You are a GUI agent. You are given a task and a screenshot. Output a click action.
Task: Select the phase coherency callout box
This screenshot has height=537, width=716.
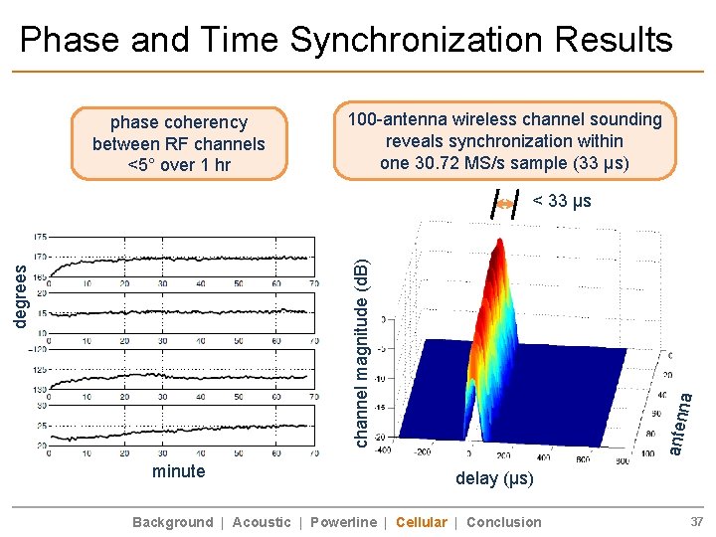(x=179, y=143)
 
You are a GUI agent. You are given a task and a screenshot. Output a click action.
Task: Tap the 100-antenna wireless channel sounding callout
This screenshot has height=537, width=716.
(x=504, y=140)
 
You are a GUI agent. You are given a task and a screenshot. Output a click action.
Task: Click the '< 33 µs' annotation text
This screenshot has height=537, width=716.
(x=562, y=202)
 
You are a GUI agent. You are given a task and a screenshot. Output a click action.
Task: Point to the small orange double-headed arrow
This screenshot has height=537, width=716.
(x=505, y=203)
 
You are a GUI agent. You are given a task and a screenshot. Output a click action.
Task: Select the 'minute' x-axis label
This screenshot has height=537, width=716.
(x=179, y=471)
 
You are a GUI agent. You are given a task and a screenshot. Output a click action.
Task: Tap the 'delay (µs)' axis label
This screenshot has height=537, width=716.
(x=494, y=478)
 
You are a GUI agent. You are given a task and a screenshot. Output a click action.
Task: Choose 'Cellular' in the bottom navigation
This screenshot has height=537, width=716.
(x=421, y=522)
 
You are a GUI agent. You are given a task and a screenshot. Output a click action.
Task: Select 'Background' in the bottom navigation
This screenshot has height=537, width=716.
(x=172, y=522)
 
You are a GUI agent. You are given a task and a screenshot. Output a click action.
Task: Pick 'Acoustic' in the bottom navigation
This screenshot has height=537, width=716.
(x=262, y=522)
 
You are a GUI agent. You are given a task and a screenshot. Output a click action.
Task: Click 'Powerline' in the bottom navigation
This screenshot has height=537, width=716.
(x=343, y=522)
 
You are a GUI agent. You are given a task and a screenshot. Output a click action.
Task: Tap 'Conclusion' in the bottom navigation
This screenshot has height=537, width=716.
(x=504, y=522)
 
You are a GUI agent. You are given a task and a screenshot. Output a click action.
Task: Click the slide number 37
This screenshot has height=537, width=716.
(x=697, y=522)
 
